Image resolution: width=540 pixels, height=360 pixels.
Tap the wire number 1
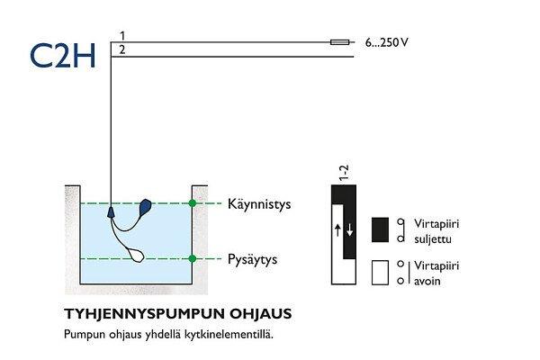[122, 35]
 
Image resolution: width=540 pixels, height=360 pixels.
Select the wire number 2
[122, 49]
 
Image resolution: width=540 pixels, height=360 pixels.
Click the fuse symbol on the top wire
[341, 41]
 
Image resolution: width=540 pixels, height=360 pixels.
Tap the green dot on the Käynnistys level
[192, 204]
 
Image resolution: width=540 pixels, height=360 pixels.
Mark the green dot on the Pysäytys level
[192, 259]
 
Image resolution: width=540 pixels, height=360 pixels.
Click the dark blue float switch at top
[146, 208]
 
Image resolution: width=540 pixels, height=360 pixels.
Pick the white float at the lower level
[132, 255]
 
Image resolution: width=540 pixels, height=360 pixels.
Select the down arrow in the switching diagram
[349, 229]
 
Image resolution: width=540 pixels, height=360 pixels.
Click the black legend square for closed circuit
[380, 229]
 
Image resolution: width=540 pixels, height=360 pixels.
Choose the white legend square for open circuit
[380, 274]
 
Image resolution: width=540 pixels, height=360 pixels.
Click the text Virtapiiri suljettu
[436, 231]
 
